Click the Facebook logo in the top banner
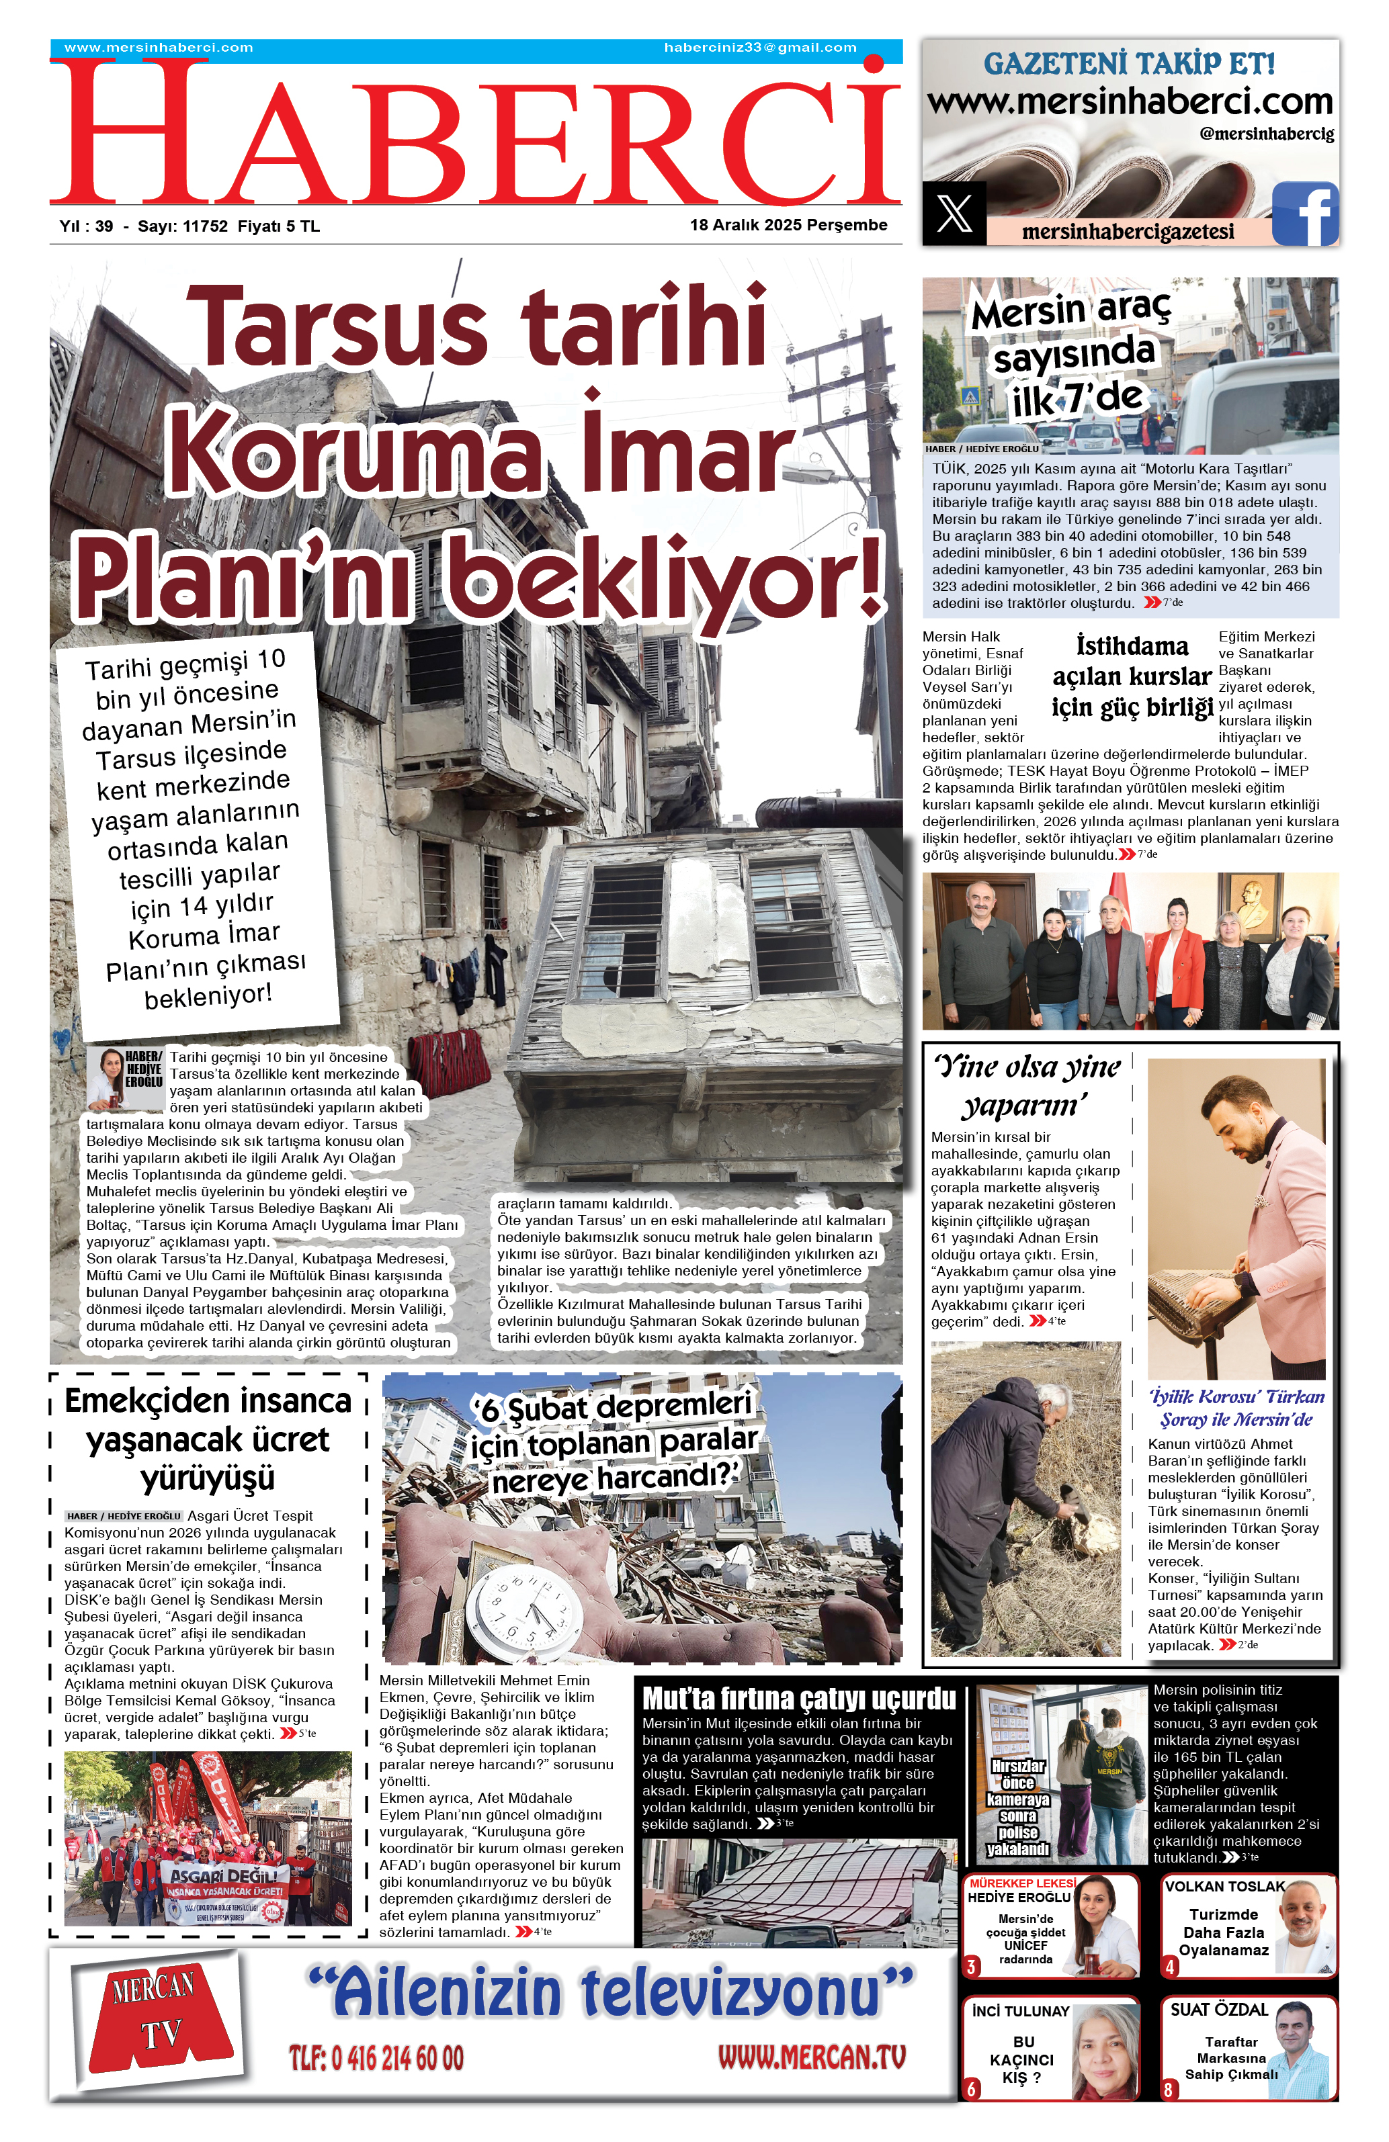click(x=1304, y=214)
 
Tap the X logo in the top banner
click(x=954, y=214)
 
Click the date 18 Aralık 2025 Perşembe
click(x=788, y=225)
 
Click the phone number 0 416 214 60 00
click(x=376, y=2057)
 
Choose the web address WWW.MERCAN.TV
click(x=811, y=2057)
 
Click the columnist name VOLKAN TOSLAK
click(x=1224, y=1886)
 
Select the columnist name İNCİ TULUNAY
click(x=1020, y=2010)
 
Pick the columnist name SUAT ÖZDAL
click(x=1219, y=2009)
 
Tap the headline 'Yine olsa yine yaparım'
click(x=1027, y=1085)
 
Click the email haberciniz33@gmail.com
click(x=760, y=48)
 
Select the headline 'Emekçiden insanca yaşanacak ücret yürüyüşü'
click(x=208, y=1439)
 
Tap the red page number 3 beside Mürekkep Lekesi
click(x=971, y=1967)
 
